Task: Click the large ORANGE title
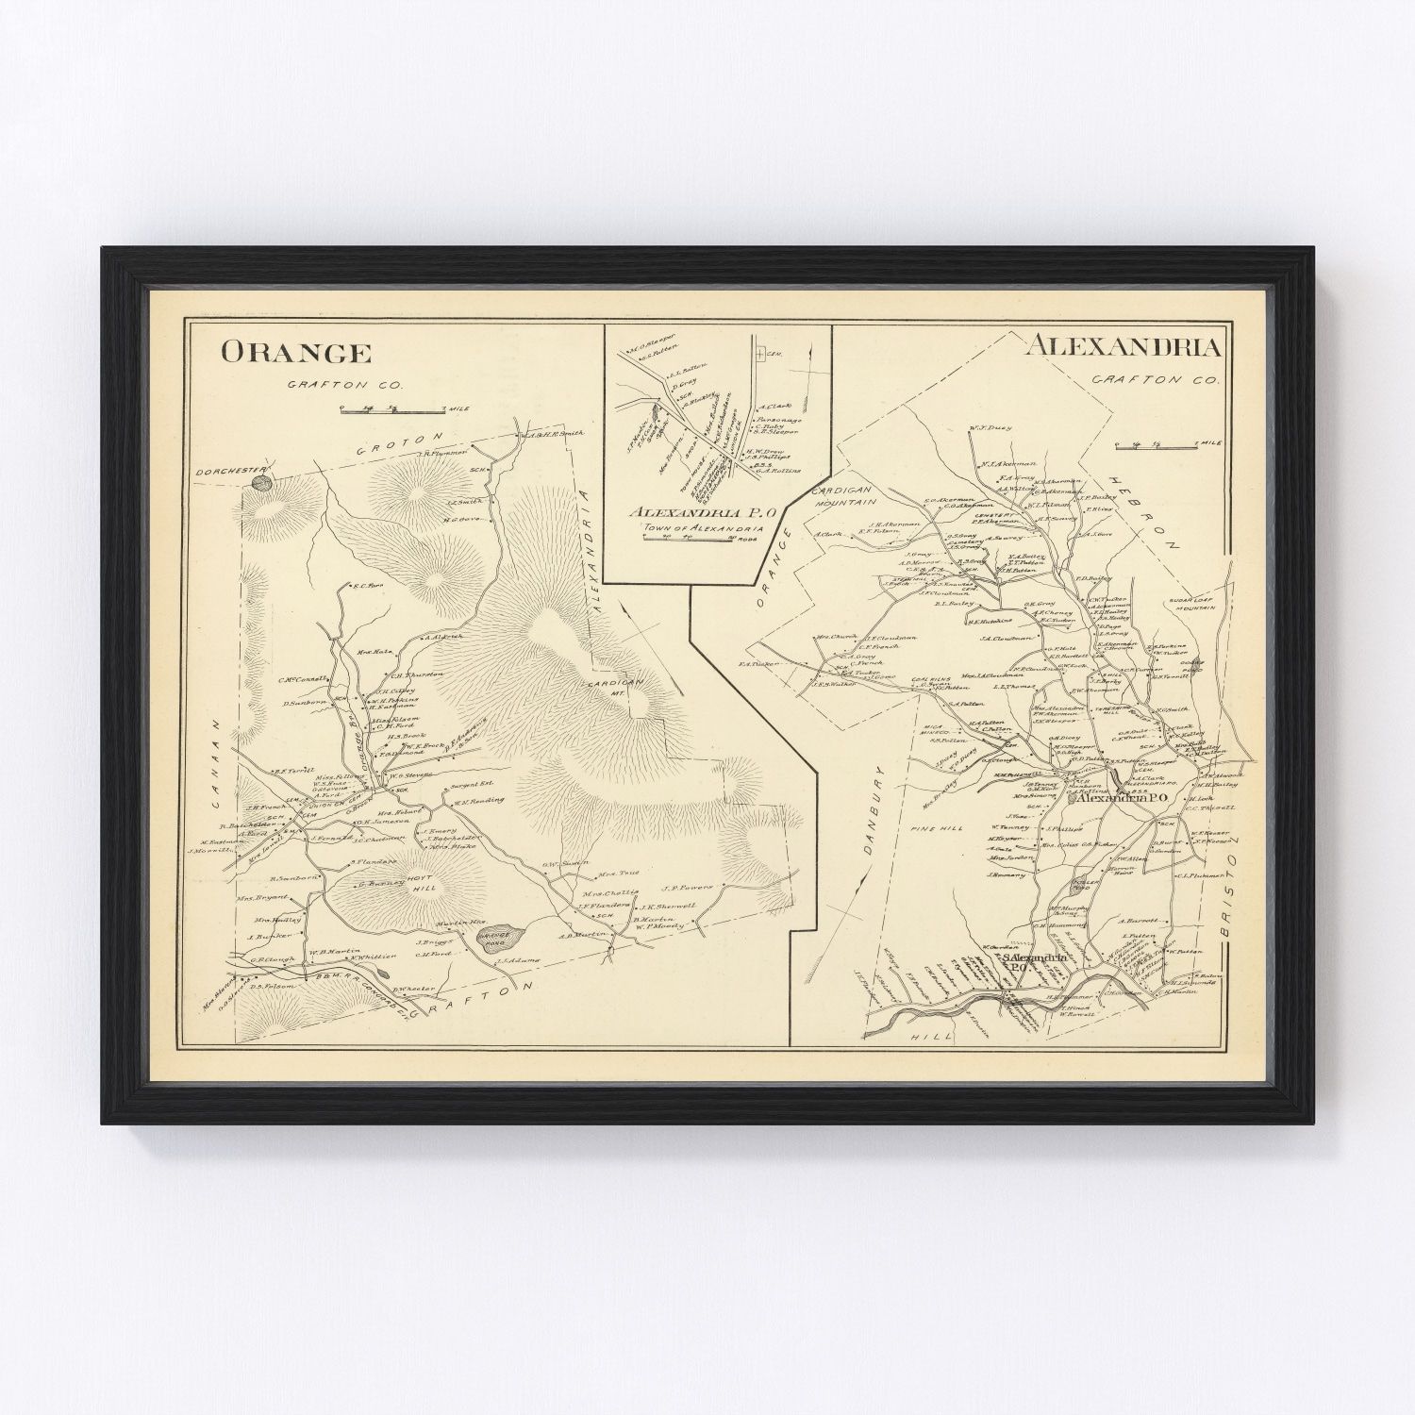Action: click(x=295, y=353)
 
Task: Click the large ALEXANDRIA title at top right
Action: click(x=1122, y=346)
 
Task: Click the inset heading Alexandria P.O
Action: click(x=706, y=511)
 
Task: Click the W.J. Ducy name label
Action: click(x=991, y=428)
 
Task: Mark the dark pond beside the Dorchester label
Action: click(x=261, y=483)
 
